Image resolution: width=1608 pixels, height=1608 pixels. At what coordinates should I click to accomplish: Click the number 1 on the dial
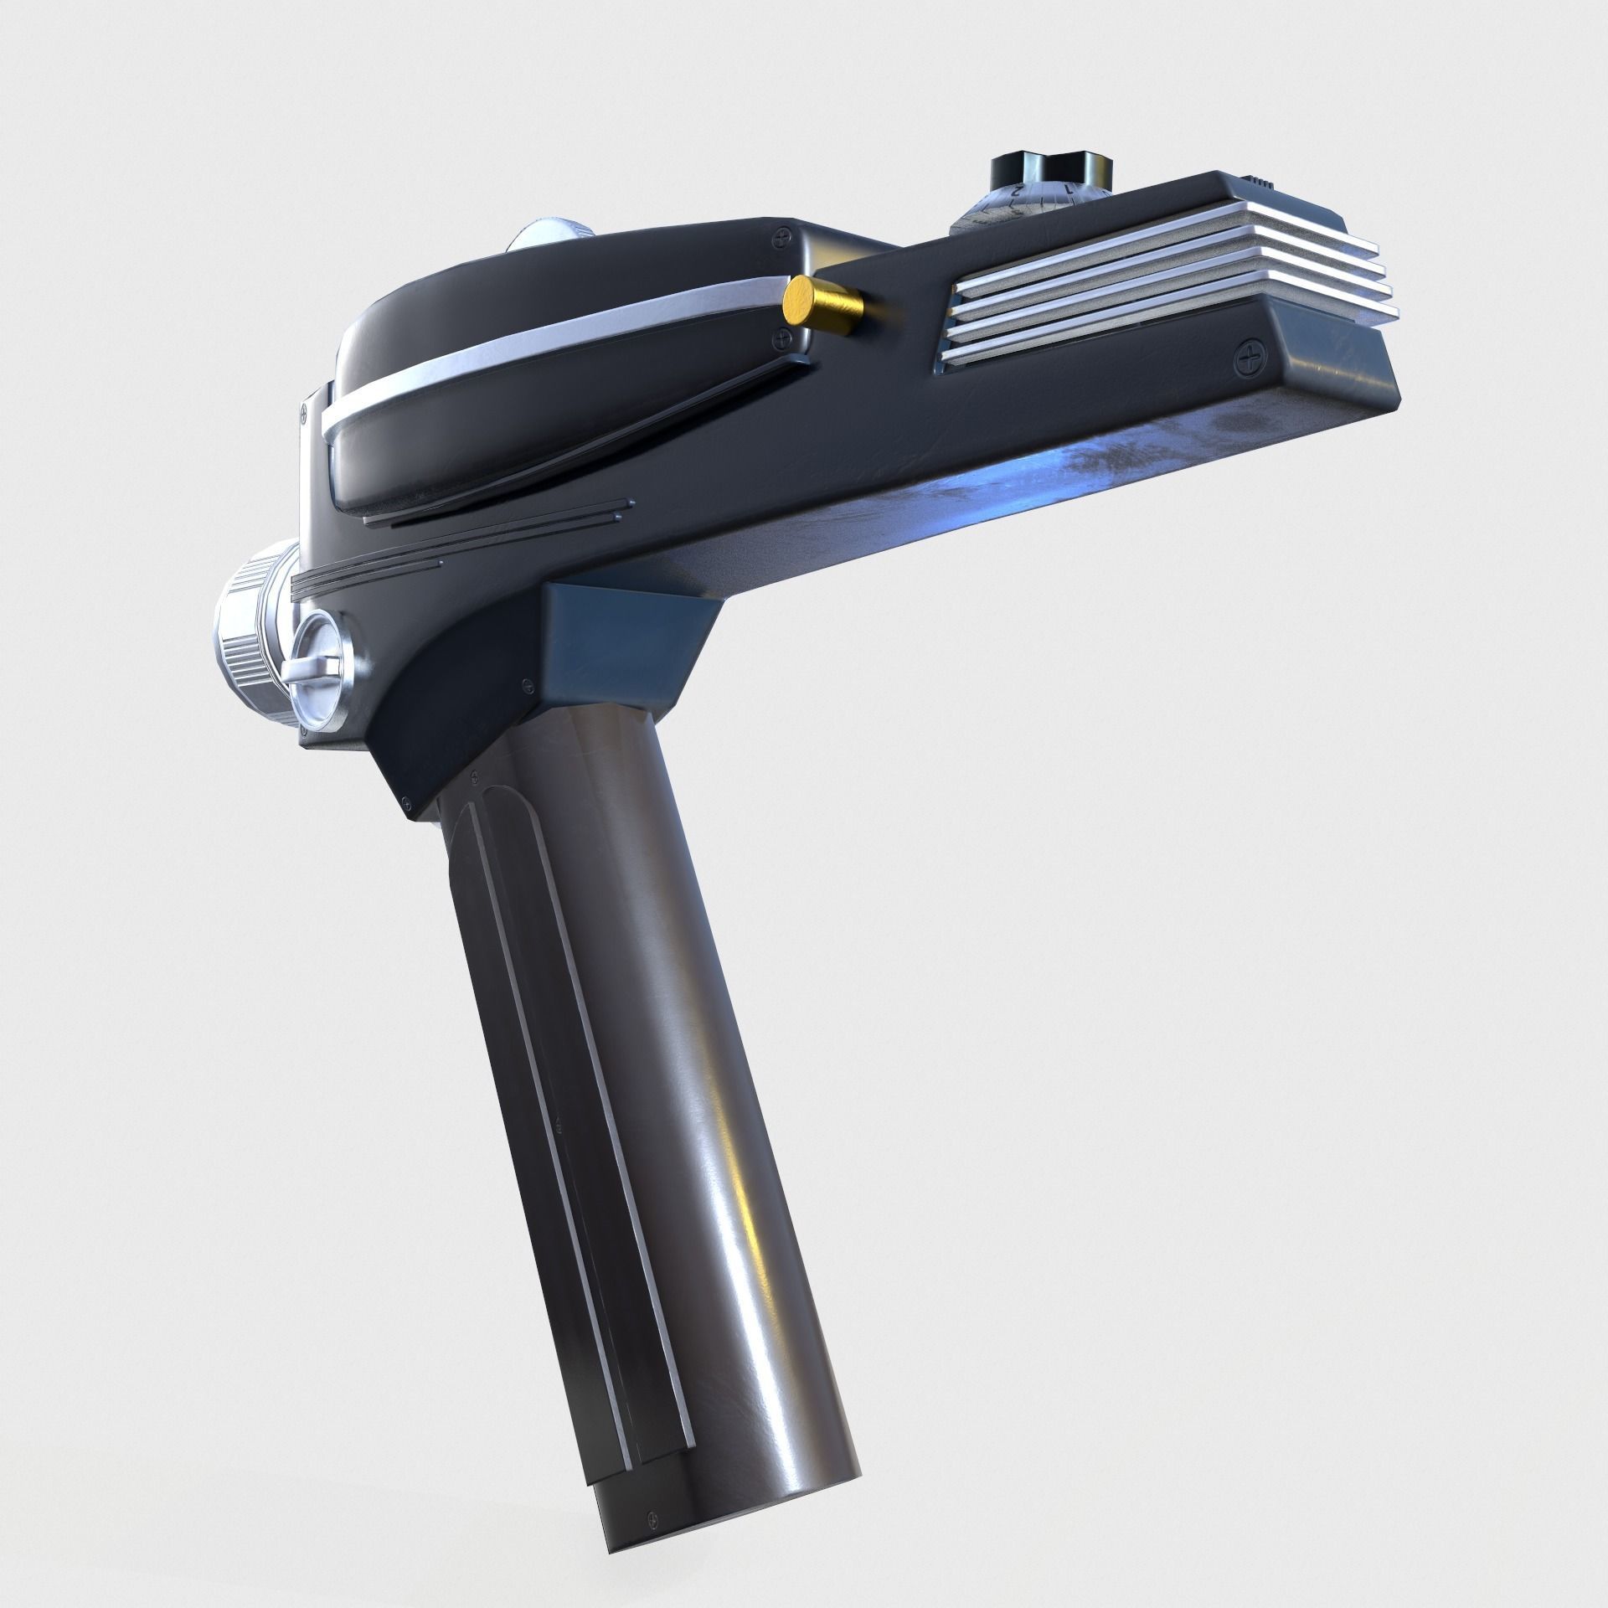[x=1069, y=190]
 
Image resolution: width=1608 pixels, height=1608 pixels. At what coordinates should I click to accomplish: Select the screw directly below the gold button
[x=782, y=338]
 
